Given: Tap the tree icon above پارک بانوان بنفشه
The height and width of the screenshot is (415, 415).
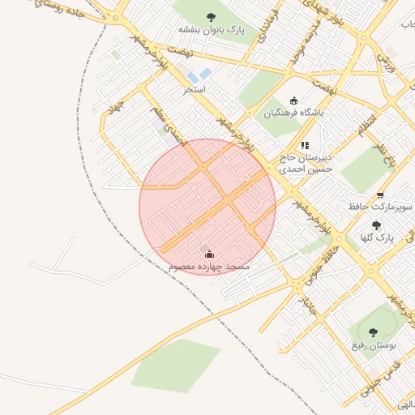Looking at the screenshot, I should pos(212,17).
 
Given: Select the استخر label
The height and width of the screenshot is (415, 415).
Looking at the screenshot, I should pos(195,88).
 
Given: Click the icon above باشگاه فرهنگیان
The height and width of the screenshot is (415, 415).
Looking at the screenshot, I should pos(293,101).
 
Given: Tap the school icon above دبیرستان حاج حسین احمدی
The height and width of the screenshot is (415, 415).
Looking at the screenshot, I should pos(305,145).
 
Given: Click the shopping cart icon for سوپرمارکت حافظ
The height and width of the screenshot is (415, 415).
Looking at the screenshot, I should pos(380,195).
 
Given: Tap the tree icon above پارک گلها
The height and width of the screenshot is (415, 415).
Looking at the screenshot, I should pos(375,226).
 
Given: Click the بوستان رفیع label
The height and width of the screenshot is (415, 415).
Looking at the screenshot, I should pos(373,345).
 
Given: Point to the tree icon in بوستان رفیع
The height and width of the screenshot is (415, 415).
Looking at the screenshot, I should pos(373,332).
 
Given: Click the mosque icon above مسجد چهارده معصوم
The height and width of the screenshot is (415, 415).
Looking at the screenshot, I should pos(209,255).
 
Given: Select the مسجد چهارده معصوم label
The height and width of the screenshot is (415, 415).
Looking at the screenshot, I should pos(209,266).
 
